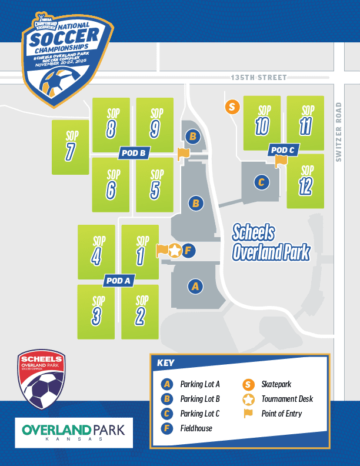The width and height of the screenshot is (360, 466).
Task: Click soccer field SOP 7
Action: (x=70, y=147)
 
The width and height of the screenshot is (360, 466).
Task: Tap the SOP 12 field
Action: (x=305, y=181)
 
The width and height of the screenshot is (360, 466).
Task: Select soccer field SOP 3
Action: (x=96, y=312)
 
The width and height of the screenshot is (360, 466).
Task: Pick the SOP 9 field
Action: (x=155, y=124)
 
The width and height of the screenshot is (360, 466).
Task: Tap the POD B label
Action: (x=134, y=153)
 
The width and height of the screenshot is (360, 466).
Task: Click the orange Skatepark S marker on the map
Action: (x=232, y=106)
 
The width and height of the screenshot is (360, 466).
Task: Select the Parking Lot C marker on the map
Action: (x=262, y=182)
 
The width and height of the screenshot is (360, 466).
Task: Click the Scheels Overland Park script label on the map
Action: (x=271, y=242)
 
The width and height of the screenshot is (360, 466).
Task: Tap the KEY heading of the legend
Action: (x=166, y=362)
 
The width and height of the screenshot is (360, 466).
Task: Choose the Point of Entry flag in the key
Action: (x=248, y=413)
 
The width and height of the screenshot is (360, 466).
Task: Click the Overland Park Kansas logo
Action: (x=74, y=433)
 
